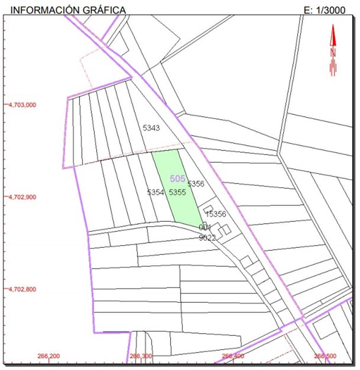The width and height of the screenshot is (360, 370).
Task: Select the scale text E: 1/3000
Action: pyautogui.click(x=324, y=10)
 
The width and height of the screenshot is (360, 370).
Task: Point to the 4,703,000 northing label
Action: pyautogui.click(x=22, y=105)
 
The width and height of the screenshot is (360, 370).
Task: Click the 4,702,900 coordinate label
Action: pyautogui.click(x=22, y=197)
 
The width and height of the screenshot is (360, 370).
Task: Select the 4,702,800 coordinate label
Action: pyautogui.click(x=22, y=289)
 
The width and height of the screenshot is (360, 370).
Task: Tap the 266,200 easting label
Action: pyautogui.click(x=48, y=356)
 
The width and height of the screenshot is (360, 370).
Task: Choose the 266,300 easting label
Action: pyautogui.click(x=140, y=356)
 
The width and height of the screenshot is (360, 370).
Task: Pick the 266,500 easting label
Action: pyautogui.click(x=325, y=356)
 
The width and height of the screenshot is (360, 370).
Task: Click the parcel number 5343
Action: pyautogui.click(x=151, y=128)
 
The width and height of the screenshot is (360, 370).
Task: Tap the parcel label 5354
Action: pyautogui.click(x=156, y=193)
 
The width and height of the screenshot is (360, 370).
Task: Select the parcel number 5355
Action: pyautogui.click(x=177, y=193)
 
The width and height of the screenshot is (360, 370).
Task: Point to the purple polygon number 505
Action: pyautogui.click(x=177, y=178)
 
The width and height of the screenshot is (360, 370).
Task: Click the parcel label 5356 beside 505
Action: pyautogui.click(x=196, y=184)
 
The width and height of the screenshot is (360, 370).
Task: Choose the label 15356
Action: pyautogui.click(x=216, y=214)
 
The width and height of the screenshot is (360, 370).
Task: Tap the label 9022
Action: pyautogui.click(x=207, y=238)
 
